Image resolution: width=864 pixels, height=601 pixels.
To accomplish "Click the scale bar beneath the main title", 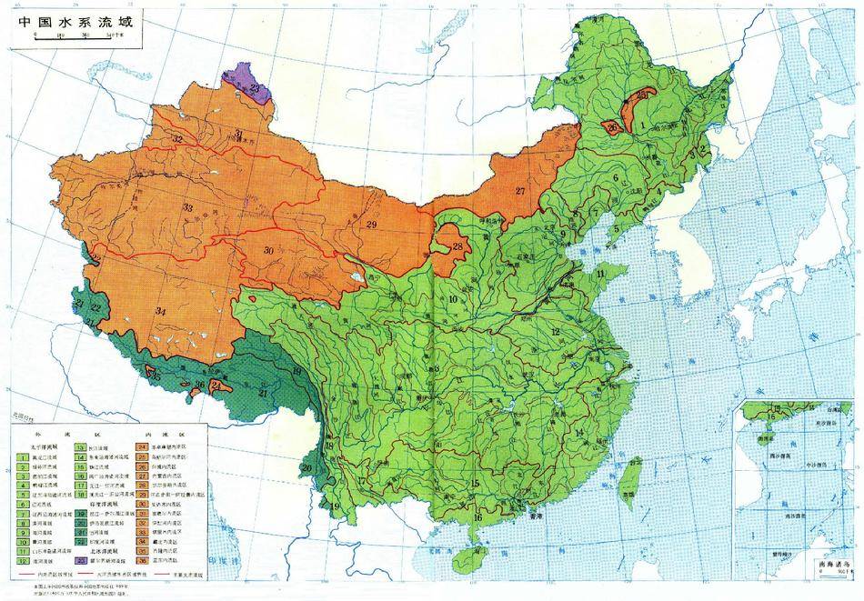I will (x=78, y=37).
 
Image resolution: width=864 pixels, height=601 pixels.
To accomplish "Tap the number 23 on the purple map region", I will (x=256, y=87).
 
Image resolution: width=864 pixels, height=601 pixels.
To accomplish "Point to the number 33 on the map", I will (x=188, y=208).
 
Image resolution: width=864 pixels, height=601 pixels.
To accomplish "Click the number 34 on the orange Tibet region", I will (x=161, y=312).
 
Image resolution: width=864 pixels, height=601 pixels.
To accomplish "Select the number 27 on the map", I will (x=520, y=191).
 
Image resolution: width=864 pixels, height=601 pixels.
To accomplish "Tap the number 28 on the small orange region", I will (x=457, y=246).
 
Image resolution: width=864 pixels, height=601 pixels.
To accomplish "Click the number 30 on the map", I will (x=268, y=250).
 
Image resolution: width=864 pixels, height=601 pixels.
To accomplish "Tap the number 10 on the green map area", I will (x=451, y=300).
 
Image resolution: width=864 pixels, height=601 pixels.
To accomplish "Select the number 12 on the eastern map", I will (x=554, y=332).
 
